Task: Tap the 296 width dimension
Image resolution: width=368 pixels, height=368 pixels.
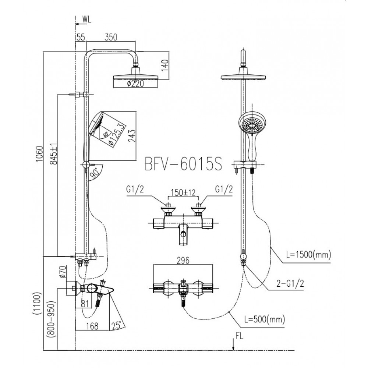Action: point(183,261)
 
